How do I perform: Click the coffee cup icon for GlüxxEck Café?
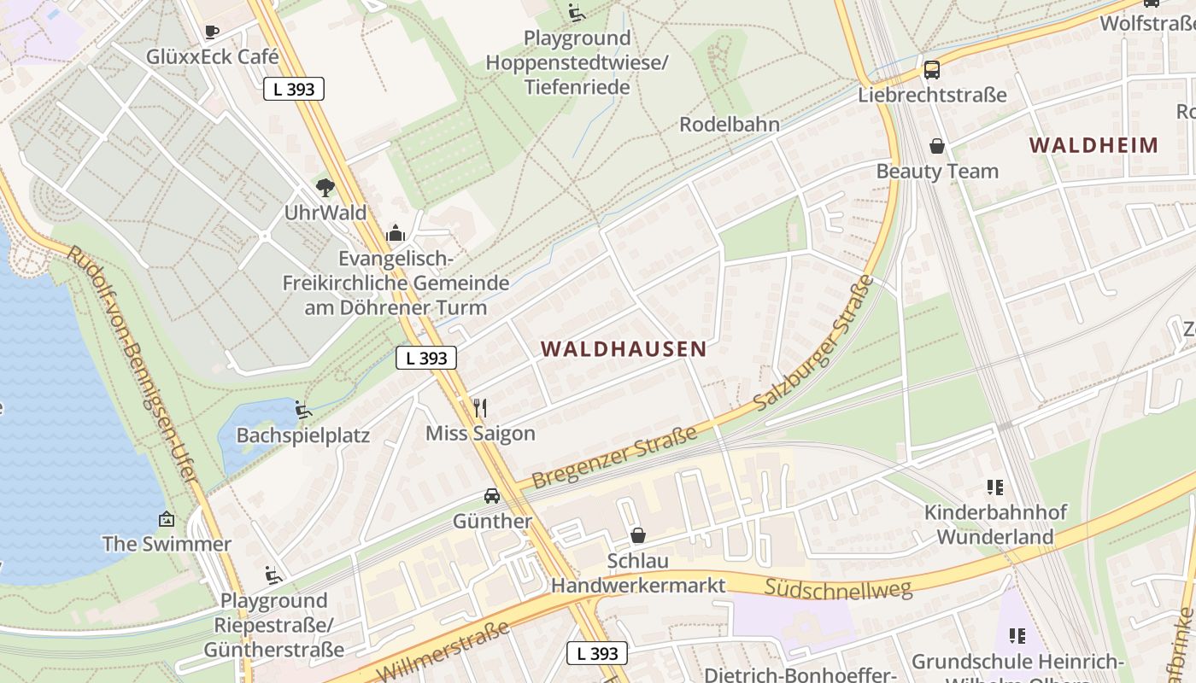pyautogui.click(x=212, y=32)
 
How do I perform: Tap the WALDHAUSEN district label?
pyautogui.click(x=624, y=348)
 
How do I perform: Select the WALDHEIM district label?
pyautogui.click(x=1093, y=144)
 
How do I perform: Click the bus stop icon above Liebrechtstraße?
pyautogui.click(x=931, y=69)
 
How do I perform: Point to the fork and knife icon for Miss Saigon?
pyautogui.click(x=480, y=407)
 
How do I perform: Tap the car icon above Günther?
pyautogui.click(x=492, y=495)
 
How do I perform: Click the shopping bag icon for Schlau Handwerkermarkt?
pyautogui.click(x=637, y=535)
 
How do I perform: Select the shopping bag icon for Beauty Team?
pyautogui.click(x=937, y=146)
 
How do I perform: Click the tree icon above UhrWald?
pyautogui.click(x=325, y=187)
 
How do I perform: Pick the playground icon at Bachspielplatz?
pyautogui.click(x=302, y=410)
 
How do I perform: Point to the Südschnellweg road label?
pyautogui.click(x=838, y=587)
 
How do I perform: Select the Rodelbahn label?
pyautogui.click(x=729, y=125)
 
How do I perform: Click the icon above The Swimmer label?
pyautogui.click(x=167, y=518)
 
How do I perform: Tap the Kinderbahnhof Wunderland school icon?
pyautogui.click(x=994, y=487)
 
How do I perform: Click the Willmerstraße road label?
pyautogui.click(x=443, y=653)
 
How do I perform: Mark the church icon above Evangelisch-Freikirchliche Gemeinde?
pyautogui.click(x=396, y=232)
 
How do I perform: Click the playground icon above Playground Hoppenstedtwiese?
pyautogui.click(x=577, y=12)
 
